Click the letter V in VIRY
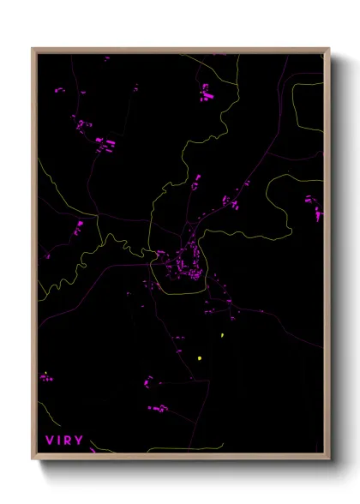pos(48,441)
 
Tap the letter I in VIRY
pos(58,441)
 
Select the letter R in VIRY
pos(69,441)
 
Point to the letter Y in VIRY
pos(80,441)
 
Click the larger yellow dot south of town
pos(199,358)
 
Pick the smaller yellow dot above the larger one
pos(222,335)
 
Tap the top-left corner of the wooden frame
pos(33,49)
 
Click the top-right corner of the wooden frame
pos(329,49)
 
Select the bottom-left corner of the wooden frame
pos(33,460)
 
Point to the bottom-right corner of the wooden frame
pos(329,460)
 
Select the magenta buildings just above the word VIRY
pos(45,376)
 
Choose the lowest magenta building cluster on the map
pos(158,409)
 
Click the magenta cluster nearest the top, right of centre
pos(207,92)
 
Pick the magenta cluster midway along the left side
pos(78,228)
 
